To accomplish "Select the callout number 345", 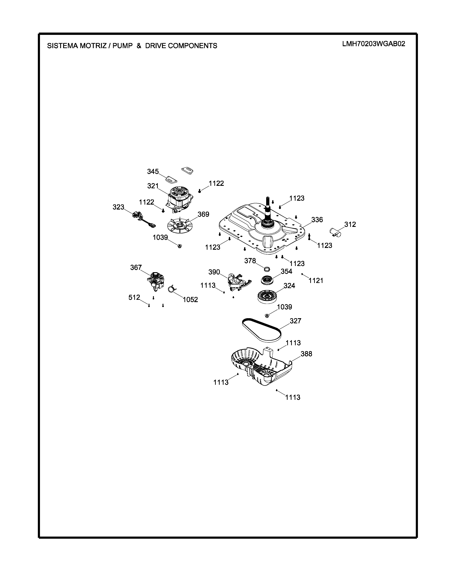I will (x=153, y=171).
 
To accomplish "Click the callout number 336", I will (x=317, y=220).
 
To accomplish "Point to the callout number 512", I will (x=134, y=297).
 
